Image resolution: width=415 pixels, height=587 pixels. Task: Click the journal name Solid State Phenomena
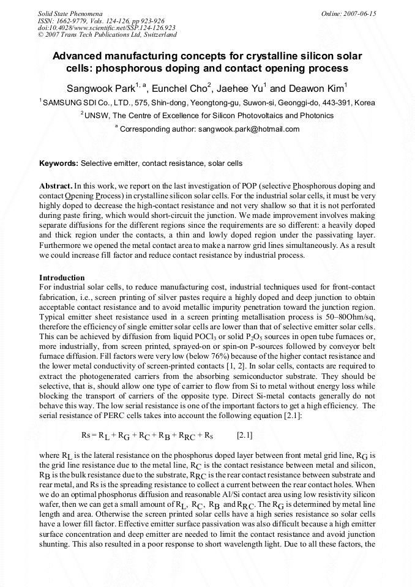point(69,13)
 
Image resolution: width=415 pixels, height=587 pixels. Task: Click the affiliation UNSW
point(96,115)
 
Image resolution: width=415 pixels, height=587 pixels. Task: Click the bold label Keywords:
point(59,163)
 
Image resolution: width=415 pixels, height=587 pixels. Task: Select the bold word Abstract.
point(55,185)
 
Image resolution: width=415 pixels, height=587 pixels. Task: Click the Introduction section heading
point(62,278)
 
